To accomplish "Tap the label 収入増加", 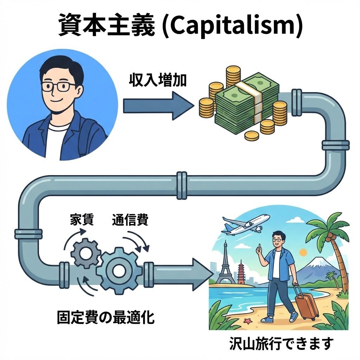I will [157, 82].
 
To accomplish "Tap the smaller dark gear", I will [85, 253].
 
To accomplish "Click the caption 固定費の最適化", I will [105, 318].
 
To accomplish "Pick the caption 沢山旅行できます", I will [280, 343].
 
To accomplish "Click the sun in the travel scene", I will [303, 252].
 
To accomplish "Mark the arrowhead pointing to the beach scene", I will [199, 274].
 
